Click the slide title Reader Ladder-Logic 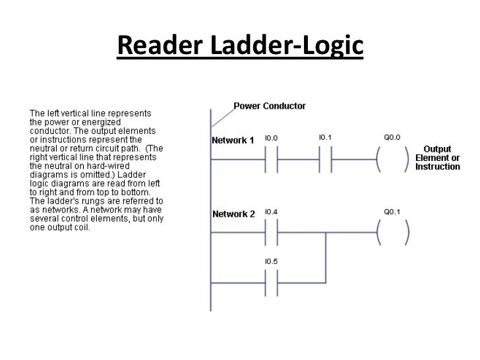240,45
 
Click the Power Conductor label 270,105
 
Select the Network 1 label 233,140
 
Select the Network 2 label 233,214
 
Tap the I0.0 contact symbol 271,159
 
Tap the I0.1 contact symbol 325,159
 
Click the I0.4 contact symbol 271,232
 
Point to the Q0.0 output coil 393,159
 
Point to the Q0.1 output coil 393,232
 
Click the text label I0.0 271,138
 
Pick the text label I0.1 325,138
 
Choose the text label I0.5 271,261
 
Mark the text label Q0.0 392,138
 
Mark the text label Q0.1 392,212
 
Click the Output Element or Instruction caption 437,158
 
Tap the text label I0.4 271,212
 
